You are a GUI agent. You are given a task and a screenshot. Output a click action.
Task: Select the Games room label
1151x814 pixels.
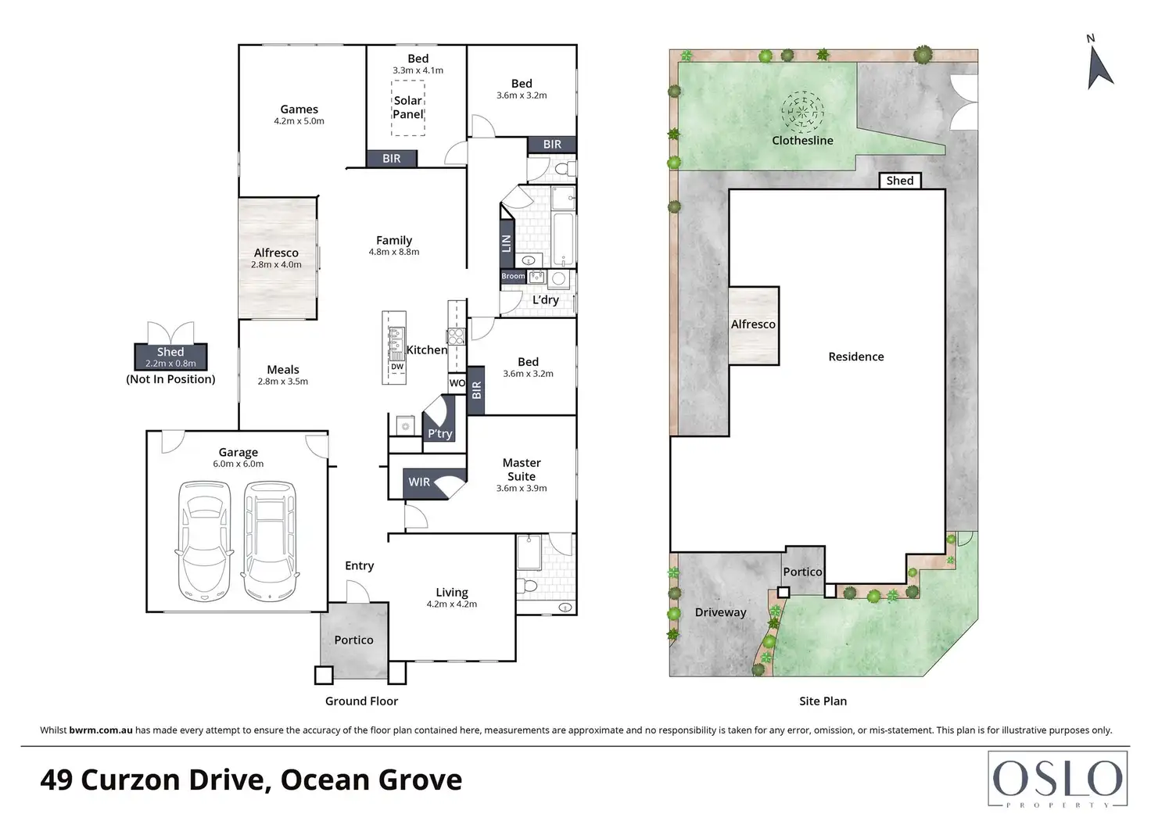tap(299, 109)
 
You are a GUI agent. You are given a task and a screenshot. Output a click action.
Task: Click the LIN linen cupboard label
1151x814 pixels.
tap(507, 243)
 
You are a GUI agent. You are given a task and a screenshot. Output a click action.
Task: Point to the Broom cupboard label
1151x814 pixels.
tap(513, 276)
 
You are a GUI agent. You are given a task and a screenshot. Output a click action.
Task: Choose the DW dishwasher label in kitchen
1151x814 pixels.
tap(397, 367)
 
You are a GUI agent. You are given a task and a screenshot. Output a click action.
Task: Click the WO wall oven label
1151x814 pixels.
tap(457, 383)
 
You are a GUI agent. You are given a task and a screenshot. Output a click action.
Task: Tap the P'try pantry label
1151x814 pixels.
tap(440, 434)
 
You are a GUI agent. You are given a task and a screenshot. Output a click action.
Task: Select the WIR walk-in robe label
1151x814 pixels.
tap(419, 482)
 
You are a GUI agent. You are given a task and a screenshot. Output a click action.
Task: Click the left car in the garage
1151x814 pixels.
tap(204, 540)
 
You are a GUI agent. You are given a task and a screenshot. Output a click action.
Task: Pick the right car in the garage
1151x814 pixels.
tap(271, 540)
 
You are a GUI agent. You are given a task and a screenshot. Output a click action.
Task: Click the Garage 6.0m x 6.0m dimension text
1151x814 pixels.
tap(238, 464)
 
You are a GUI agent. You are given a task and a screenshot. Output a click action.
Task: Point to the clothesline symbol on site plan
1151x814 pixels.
tap(802, 112)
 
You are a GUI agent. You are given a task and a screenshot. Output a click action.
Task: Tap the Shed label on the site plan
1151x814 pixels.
tap(900, 181)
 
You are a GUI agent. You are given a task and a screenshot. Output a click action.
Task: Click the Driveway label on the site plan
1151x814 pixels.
tap(720, 612)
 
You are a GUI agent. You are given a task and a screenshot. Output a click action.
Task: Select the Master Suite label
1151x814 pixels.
tap(522, 470)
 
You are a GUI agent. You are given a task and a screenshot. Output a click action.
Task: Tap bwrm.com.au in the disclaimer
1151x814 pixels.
tap(101, 730)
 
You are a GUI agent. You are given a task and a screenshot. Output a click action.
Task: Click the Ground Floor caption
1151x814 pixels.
tap(361, 701)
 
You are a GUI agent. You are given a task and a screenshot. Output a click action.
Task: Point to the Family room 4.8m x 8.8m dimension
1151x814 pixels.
tap(394, 252)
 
